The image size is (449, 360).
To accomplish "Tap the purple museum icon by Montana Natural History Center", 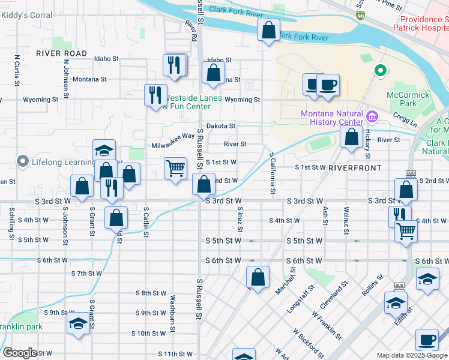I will pyautogui.click(x=372, y=115).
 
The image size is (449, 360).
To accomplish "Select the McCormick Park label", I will pyautogui.click(x=408, y=100).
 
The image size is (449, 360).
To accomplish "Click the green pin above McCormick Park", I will pyautogui.click(x=380, y=71).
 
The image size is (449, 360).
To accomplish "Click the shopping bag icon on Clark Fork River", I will pyautogui.click(x=268, y=29).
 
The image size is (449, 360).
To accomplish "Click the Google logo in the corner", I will pyautogui.click(x=20, y=353).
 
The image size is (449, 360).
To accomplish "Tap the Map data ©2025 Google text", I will pyautogui.click(x=412, y=355).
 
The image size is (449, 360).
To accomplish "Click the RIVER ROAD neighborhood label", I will pyautogui.click(x=61, y=53).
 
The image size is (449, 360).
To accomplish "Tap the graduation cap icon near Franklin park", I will pyautogui.click(x=78, y=323).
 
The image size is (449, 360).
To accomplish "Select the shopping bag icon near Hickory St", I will pyautogui.click(x=351, y=136).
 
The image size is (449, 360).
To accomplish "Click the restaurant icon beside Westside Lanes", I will pyautogui.click(x=155, y=94).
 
